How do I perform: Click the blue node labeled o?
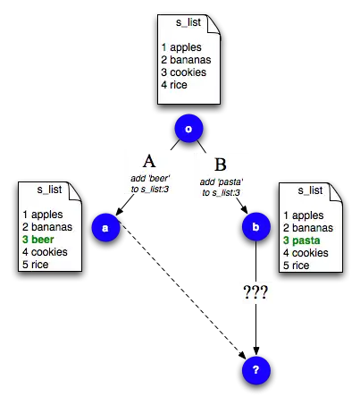click(188, 129)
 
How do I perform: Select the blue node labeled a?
click(105, 227)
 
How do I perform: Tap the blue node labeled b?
click(256, 227)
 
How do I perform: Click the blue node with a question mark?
click(256, 370)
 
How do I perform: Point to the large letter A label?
click(149, 161)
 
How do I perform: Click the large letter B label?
click(221, 165)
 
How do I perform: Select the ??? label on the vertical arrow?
click(255, 292)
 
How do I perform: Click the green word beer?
click(43, 240)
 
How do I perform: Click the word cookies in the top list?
click(188, 72)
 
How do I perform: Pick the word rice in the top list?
click(179, 85)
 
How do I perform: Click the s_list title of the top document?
click(188, 22)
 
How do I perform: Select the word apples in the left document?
click(47, 215)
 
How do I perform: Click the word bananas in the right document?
click(313, 228)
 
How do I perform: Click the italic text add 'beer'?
click(150, 179)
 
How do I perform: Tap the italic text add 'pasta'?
click(222, 181)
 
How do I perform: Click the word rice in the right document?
click(300, 266)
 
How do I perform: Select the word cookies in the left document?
click(49, 252)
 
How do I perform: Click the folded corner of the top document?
click(213, 24)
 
